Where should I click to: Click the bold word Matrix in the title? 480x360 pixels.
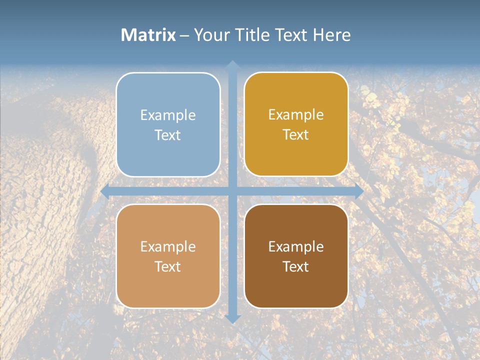point(148,35)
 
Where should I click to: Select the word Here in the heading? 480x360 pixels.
point(332,35)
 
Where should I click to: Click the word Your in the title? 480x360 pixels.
point(210,35)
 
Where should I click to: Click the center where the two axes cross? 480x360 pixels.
point(232,191)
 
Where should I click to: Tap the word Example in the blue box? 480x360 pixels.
point(168,115)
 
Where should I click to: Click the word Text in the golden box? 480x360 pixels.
point(296,135)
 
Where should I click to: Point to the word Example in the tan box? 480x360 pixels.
point(168,247)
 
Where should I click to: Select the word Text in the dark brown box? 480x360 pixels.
point(296,267)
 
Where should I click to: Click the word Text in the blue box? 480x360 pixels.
point(168,135)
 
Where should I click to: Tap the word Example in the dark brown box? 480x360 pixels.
point(296,247)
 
